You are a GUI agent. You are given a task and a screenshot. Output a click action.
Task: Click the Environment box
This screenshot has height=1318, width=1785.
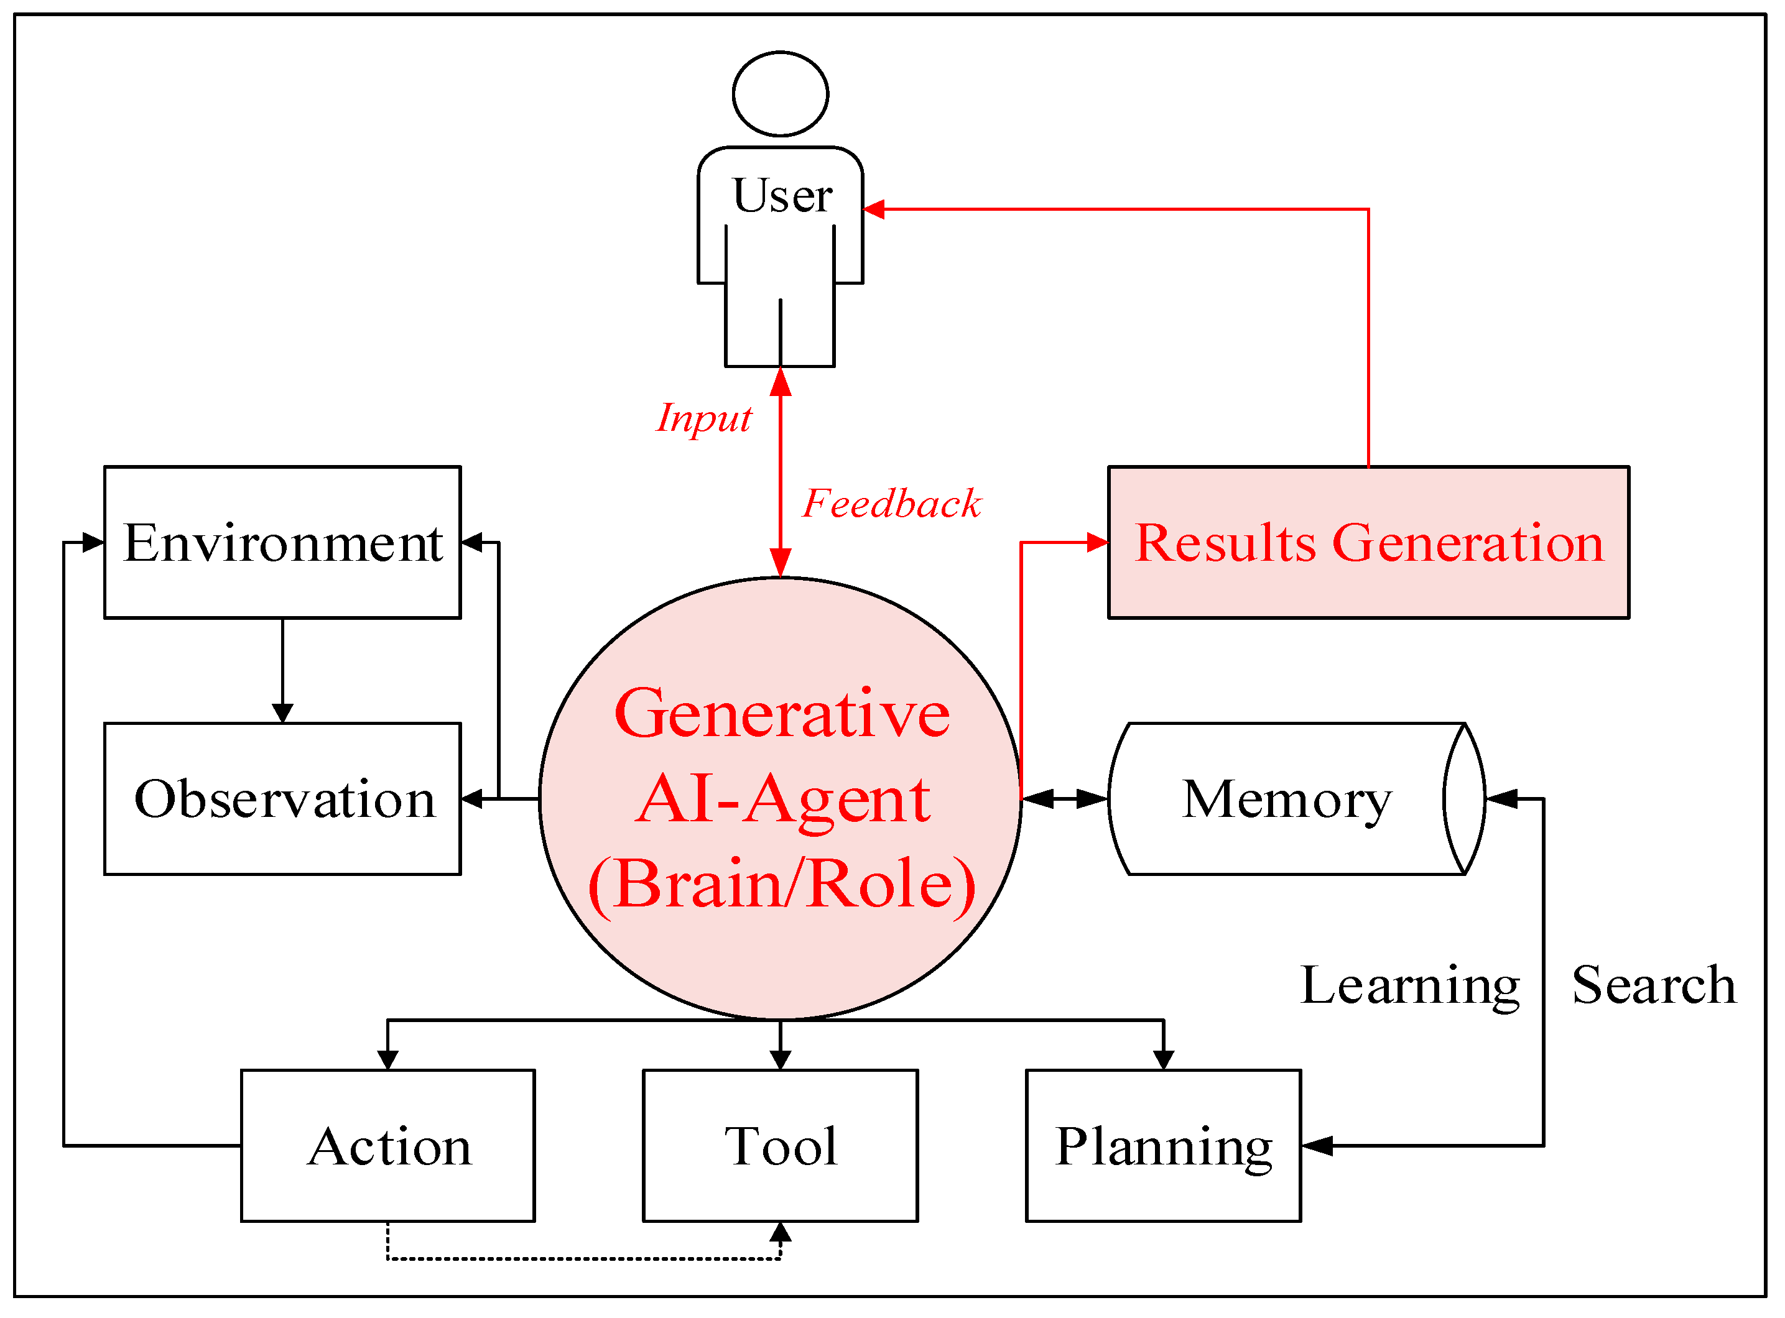pos(282,543)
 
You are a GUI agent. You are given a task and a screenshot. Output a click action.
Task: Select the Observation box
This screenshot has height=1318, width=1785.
pos(282,800)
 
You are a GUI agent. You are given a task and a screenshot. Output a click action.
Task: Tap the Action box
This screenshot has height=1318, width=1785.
pos(388,1146)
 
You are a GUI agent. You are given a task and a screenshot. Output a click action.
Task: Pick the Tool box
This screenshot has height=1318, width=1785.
pos(781,1146)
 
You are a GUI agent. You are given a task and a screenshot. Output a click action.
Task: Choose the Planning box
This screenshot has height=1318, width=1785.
pos(1164,1146)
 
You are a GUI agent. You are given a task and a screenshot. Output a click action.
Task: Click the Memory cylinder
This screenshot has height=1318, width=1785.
pos(1297,800)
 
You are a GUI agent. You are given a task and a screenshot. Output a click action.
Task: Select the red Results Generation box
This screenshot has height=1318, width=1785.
pos(1368,543)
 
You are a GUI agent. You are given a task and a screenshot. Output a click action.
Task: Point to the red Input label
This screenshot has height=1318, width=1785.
pos(704,418)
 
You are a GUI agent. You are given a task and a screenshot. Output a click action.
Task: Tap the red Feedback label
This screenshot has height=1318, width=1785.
pos(892,504)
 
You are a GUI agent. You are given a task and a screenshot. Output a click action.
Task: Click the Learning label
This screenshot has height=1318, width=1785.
pos(1410,986)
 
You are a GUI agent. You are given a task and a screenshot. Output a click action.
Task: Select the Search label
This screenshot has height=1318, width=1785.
pos(1654,985)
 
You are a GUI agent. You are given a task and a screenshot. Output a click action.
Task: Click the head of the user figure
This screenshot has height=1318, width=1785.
pos(781,93)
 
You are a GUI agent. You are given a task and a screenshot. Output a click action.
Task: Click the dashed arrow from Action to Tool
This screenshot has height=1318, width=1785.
pos(584,1259)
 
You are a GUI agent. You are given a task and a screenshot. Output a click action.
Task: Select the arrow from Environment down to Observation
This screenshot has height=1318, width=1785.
pos(282,671)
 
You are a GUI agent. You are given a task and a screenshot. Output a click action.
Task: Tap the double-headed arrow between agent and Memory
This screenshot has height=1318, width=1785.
pos(1064,799)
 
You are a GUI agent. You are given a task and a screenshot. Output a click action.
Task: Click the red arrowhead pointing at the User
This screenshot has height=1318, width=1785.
pos(874,209)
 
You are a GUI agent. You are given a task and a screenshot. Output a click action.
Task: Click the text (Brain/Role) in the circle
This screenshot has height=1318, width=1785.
pos(782,885)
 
